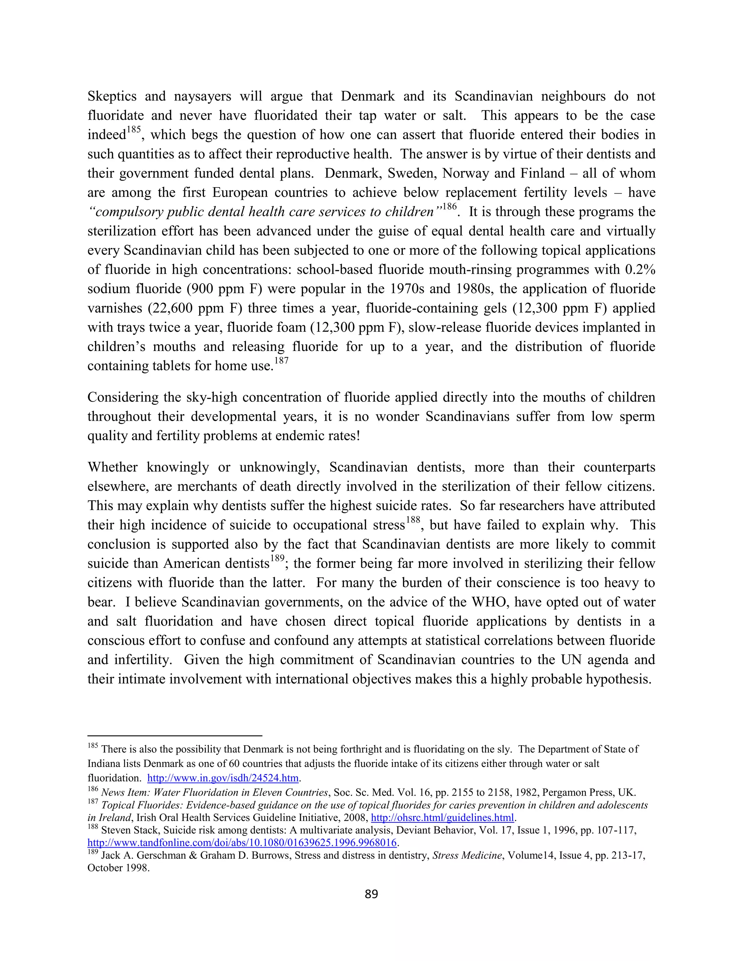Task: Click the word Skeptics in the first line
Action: tap(112, 96)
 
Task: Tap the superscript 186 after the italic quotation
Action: tap(450, 206)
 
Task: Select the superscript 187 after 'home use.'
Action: tap(281, 361)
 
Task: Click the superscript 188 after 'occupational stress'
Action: tap(413, 520)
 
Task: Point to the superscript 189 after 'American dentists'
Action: tap(277, 558)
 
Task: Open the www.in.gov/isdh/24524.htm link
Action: tap(223, 778)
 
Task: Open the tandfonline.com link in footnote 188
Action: tap(242, 843)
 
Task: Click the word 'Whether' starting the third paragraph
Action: tap(112, 467)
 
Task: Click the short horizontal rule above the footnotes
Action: tap(175, 735)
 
